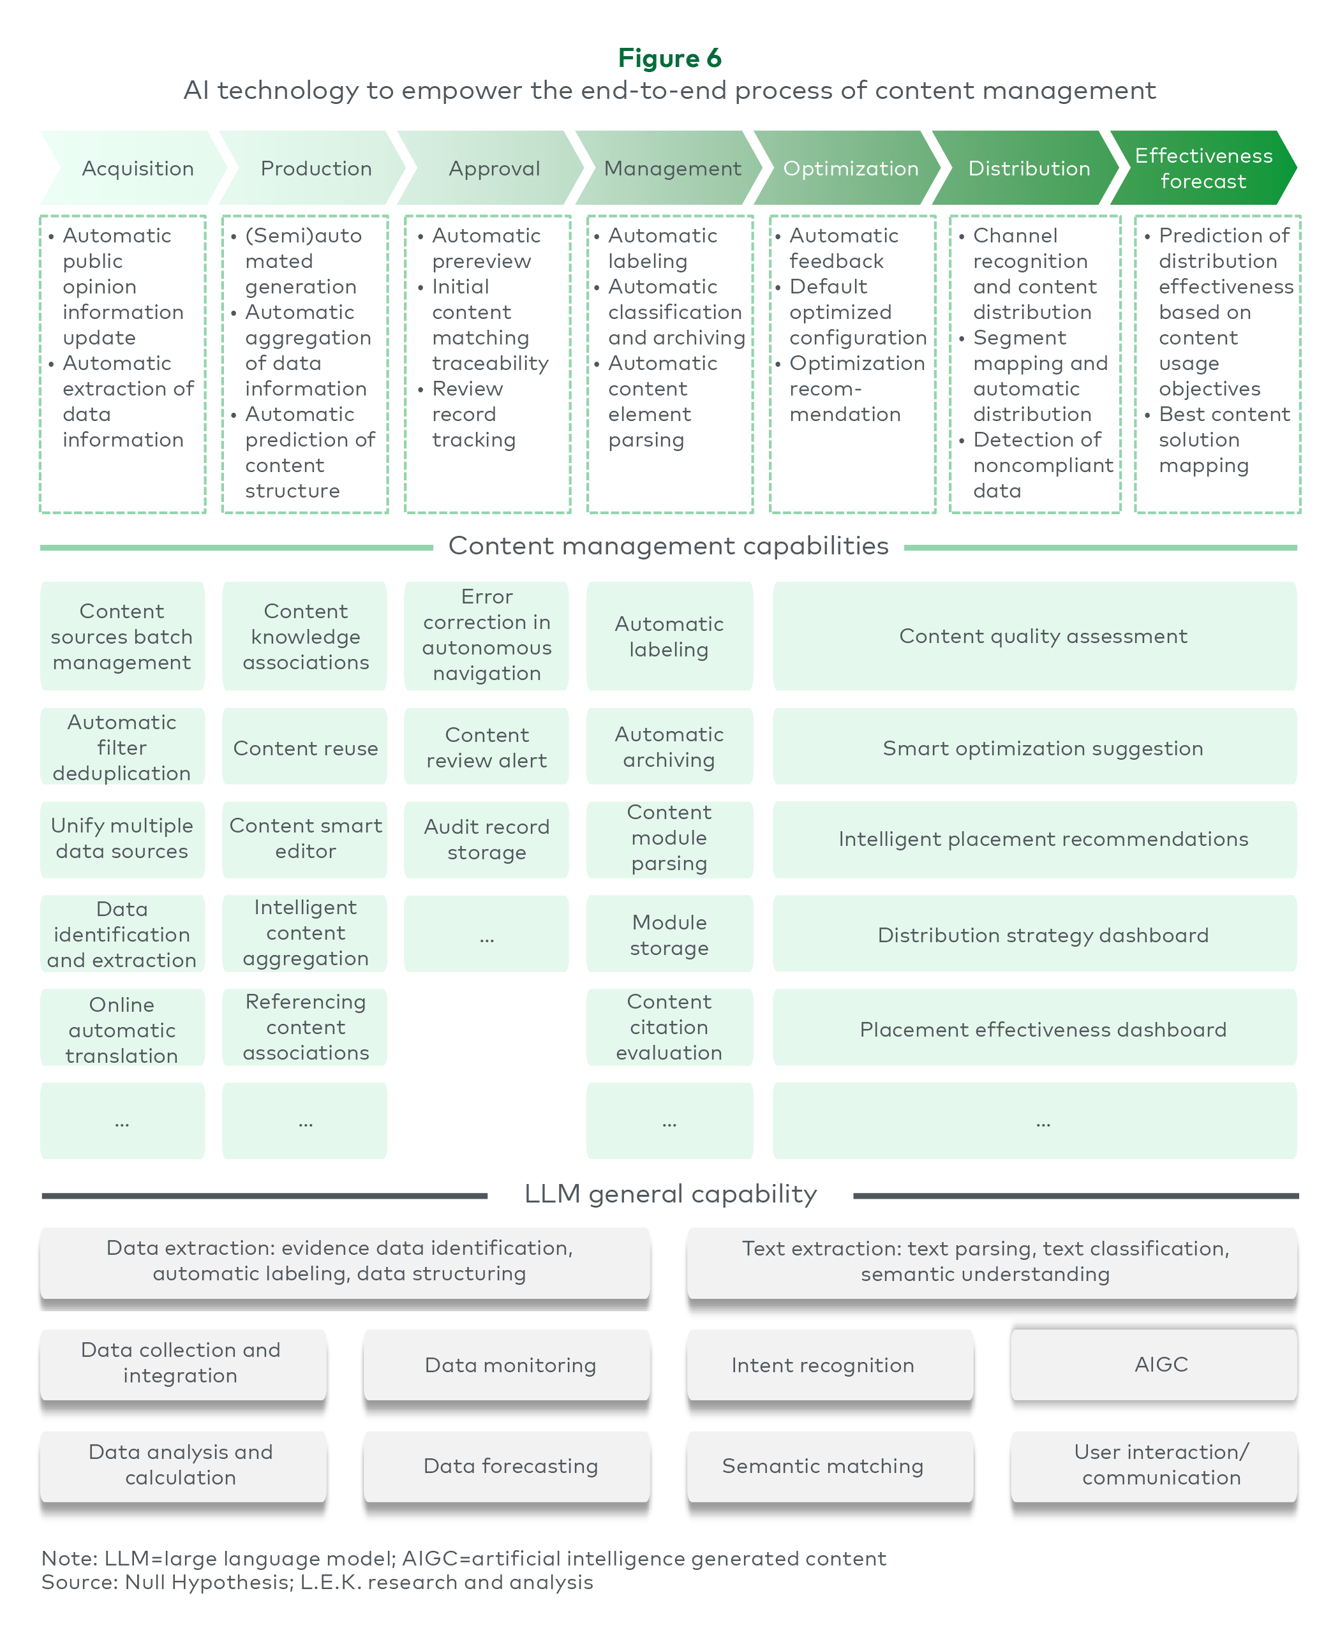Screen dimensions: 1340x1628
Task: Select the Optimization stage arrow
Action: [847, 167]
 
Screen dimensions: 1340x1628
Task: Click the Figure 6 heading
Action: [669, 58]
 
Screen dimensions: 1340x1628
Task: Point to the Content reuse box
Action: [305, 747]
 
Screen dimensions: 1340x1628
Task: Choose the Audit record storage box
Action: [486, 840]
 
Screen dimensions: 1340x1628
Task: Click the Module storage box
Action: [669, 933]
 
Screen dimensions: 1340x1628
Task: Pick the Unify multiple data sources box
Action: [122, 840]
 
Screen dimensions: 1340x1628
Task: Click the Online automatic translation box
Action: [122, 1028]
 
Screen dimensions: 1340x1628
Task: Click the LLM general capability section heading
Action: [670, 1194]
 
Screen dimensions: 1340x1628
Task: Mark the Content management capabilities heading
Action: [669, 545]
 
